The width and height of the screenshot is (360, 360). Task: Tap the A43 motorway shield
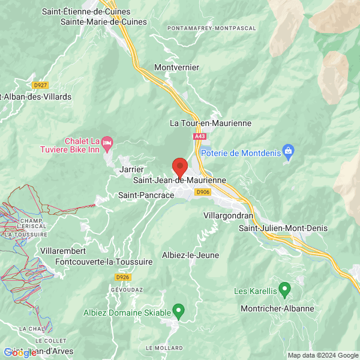click(x=200, y=137)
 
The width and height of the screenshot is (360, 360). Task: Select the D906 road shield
click(x=203, y=192)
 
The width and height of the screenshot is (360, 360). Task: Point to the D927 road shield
click(x=40, y=85)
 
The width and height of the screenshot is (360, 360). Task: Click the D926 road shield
click(x=123, y=277)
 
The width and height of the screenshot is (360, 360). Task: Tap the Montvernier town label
click(x=176, y=67)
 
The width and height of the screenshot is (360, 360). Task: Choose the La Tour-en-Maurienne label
click(x=211, y=123)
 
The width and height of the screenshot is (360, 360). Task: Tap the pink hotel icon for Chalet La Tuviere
click(x=107, y=143)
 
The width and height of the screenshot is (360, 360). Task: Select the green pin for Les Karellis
click(x=285, y=289)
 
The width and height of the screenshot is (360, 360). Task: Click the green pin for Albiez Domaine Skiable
click(x=178, y=310)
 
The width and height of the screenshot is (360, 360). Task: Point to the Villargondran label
click(x=228, y=215)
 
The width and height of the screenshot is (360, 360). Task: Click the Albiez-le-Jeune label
click(x=190, y=255)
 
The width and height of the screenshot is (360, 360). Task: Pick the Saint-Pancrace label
click(x=146, y=195)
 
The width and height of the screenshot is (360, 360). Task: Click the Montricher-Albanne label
click(x=277, y=308)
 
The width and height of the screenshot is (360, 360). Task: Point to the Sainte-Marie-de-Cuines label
click(x=104, y=22)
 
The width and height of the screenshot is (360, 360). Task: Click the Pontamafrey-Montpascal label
click(x=212, y=28)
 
